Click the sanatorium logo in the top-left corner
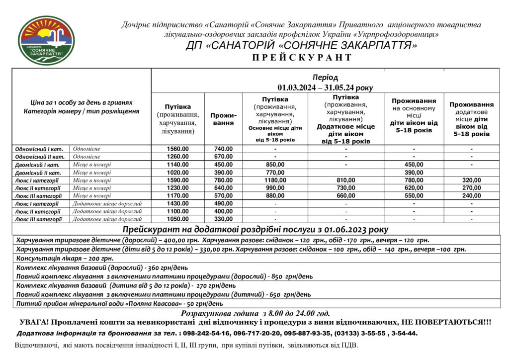[x=46, y=40]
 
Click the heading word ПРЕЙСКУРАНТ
[x=302, y=58]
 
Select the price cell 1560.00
[x=177, y=149]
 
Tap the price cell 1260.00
[x=177, y=157]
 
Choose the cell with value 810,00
[x=346, y=180]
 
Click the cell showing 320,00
[x=471, y=180]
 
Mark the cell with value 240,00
[x=471, y=196]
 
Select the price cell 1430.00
[x=177, y=204]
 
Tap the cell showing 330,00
[x=223, y=219]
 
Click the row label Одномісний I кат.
[x=39, y=149]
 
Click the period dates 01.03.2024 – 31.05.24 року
[x=325, y=88]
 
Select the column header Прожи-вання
[x=223, y=119]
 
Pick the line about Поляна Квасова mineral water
[x=119, y=303]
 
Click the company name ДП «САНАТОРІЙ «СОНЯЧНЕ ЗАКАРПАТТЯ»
[x=301, y=46]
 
